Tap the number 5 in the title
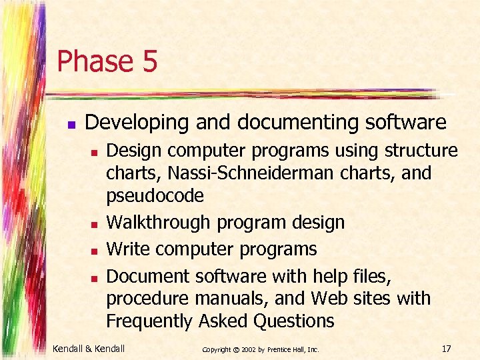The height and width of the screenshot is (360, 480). tap(149, 61)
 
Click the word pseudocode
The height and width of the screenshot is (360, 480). tap(155, 196)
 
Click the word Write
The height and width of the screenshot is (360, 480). tap(128, 249)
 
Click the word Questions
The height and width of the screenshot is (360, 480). tap(293, 321)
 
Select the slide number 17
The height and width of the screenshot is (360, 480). tap(446, 347)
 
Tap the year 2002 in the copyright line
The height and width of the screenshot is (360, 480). tap(248, 349)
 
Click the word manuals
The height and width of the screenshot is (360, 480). tap(231, 298)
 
